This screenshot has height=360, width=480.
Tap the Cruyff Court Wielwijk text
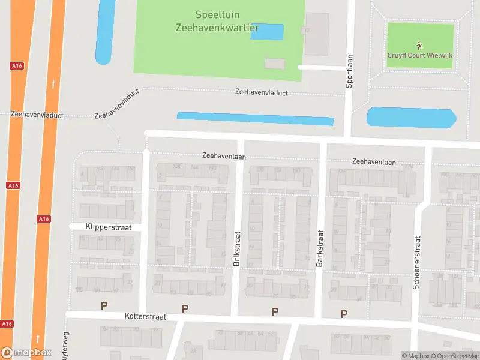[419, 55]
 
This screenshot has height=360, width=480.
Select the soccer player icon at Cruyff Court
[419, 44]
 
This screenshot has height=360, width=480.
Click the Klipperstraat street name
[104, 227]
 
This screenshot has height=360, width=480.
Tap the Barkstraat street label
[320, 248]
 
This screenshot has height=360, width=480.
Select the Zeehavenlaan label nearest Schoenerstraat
[374, 161]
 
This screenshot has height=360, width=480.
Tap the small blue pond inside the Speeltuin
[267, 32]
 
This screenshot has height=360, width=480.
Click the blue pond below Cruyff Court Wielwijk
[411, 117]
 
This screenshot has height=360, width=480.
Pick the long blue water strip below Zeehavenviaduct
[255, 118]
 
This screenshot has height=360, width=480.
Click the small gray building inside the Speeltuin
[275, 63]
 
